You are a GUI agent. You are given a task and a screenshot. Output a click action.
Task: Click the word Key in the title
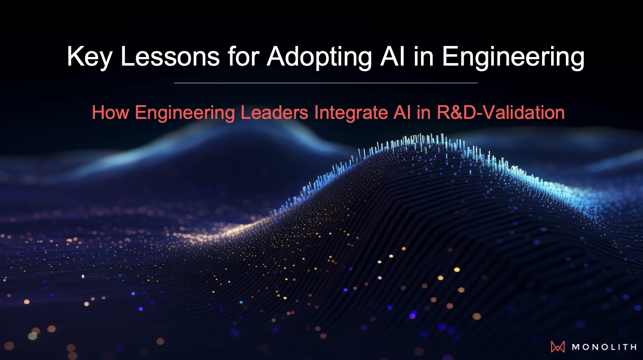tap(89, 57)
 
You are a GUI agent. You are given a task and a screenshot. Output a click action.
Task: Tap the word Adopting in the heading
tap(319, 57)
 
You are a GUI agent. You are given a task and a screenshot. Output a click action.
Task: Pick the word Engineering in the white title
tap(513, 57)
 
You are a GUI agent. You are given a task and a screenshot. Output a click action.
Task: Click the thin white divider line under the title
tap(326, 83)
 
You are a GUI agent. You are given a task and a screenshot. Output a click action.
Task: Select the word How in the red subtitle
tap(110, 112)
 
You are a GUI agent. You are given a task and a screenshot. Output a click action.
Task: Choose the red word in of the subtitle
tap(423, 112)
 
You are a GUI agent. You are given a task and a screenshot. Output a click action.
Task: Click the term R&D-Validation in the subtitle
tap(501, 112)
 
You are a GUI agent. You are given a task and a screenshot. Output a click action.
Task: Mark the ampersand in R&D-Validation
tap(456, 112)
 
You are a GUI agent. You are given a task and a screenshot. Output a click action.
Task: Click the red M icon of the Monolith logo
tap(558, 347)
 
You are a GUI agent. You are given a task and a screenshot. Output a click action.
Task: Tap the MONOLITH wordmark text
tap(604, 347)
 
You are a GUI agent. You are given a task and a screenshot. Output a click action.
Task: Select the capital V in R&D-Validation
tap(490, 112)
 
